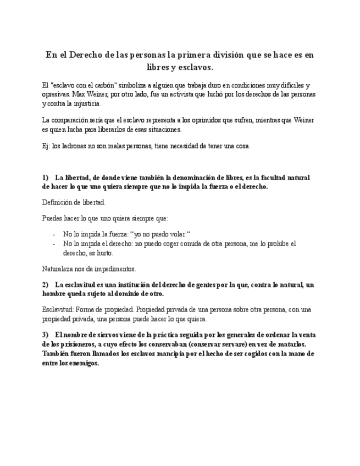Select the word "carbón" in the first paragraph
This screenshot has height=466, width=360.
coord(104,86)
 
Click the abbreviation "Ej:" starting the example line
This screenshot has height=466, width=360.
coord(46,146)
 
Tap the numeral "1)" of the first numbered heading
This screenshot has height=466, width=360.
coord(46,178)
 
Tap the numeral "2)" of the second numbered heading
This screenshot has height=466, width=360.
coord(46,285)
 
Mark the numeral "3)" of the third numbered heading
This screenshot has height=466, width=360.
coord(46,335)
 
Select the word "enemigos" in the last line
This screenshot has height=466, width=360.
coord(84,364)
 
